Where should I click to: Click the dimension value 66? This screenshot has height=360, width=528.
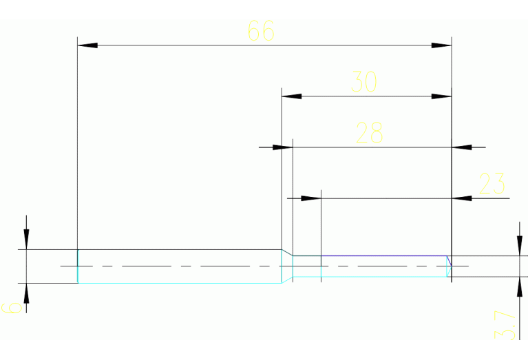260,31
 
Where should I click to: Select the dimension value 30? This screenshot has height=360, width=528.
364,83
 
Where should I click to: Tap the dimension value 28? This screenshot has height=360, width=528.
369,133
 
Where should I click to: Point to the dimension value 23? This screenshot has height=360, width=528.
492,184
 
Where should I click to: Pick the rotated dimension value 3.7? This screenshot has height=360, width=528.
505,325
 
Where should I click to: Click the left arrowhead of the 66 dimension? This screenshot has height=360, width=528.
87,45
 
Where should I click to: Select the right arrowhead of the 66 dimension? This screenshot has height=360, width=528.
441,45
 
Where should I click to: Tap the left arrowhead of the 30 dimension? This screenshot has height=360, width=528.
292,96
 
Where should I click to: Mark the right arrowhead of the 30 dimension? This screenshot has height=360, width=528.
441,96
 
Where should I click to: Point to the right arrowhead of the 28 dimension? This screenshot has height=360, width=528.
461,147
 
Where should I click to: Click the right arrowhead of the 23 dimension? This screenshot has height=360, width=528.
461,198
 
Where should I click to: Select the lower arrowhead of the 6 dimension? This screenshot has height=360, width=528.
26,293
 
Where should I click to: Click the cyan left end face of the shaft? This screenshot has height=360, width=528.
78,266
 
